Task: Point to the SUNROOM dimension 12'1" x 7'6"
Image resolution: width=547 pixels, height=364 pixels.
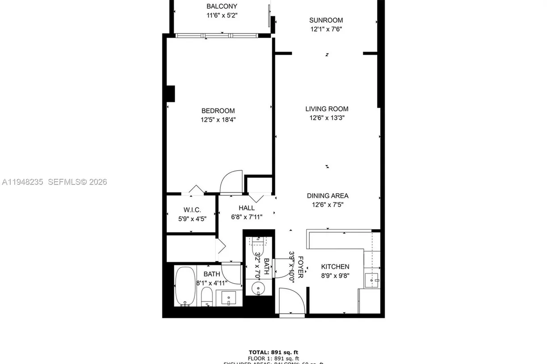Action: coord(326,29)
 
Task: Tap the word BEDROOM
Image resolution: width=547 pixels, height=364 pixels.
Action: coord(218,111)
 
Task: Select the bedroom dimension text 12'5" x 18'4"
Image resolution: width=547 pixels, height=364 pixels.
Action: coord(218,120)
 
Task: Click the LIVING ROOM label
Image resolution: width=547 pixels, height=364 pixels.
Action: coord(327,109)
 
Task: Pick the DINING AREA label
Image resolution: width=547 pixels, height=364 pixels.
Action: coord(328,196)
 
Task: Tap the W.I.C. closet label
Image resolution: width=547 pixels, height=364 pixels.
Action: coord(192,209)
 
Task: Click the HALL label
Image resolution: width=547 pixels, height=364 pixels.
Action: coord(246,208)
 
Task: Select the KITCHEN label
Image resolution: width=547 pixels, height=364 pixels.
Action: coord(335,267)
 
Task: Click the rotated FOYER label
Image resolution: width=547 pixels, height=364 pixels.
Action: coord(300,267)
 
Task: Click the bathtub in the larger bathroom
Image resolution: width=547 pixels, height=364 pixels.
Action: coord(185,286)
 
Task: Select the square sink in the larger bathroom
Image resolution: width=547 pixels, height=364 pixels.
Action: coord(228,297)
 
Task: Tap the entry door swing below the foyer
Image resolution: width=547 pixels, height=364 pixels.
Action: coord(292,301)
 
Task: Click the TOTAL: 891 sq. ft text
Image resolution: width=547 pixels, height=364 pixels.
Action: coord(273,352)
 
